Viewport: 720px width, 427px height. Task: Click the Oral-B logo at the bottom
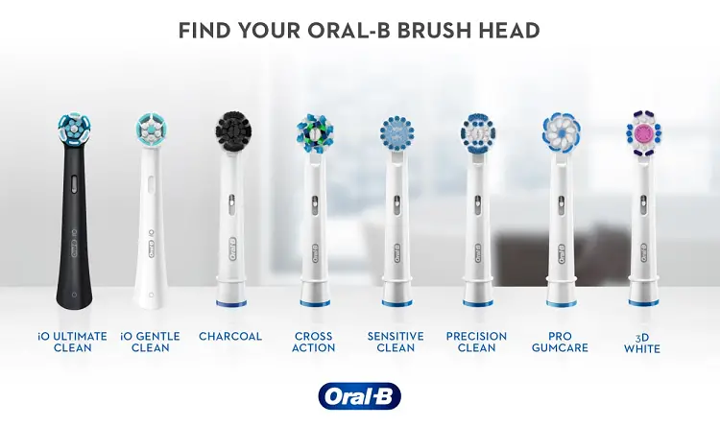click(x=359, y=395)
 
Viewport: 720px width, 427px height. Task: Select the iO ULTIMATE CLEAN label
click(x=73, y=342)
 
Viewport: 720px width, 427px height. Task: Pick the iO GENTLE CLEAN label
click(x=150, y=342)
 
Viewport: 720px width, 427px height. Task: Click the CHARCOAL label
click(x=230, y=337)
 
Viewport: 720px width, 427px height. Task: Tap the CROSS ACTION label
click(x=314, y=342)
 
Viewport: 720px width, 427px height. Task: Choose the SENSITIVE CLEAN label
click(x=396, y=342)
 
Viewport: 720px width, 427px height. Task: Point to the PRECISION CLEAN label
click(x=476, y=342)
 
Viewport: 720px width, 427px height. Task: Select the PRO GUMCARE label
click(x=560, y=342)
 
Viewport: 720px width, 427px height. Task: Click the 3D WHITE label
click(x=642, y=344)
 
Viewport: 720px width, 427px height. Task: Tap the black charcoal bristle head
click(x=233, y=130)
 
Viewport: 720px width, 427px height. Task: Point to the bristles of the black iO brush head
click(x=74, y=128)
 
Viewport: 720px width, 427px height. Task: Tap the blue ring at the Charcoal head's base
click(x=231, y=303)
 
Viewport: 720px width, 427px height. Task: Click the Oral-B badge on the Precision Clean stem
click(x=478, y=253)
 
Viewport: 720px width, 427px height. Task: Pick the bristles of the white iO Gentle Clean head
click(x=151, y=129)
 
